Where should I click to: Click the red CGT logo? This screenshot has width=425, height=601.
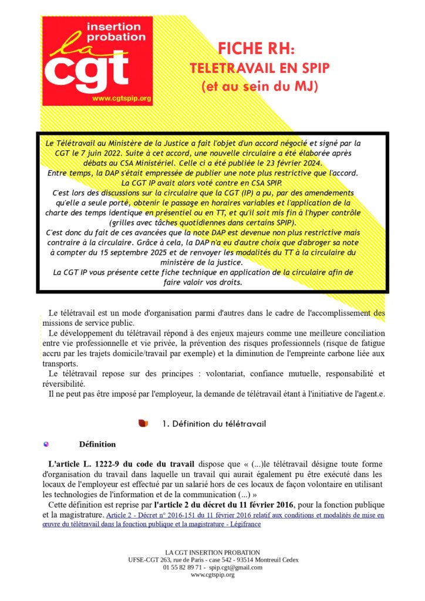click(97, 61)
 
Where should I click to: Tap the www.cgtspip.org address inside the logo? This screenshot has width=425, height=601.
click(122, 98)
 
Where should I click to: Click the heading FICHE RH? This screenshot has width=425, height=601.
click(259, 49)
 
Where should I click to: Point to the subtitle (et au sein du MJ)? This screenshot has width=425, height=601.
click(259, 86)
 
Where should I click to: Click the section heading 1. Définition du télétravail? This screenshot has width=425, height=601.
click(214, 424)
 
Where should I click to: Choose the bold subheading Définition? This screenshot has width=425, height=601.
click(97, 444)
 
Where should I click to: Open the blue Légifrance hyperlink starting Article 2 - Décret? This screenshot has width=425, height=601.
click(244, 515)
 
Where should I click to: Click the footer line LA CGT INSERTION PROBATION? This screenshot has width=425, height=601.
click(212, 552)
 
